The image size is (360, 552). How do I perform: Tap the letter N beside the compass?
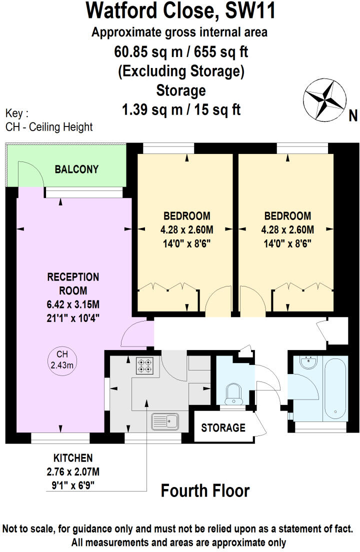coord(353,116)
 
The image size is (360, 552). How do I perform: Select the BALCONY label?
coord(76,169)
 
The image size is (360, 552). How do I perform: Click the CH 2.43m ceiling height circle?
coord(62,360)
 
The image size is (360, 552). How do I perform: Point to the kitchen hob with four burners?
coord(144,366)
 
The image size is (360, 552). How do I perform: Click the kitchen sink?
coord(165,421)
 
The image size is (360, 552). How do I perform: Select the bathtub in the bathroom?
coord(334,388)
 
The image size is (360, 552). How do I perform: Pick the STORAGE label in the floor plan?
coord(223,427)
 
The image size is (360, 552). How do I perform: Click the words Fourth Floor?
coord(205,491)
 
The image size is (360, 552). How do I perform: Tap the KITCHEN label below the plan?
coord(73,457)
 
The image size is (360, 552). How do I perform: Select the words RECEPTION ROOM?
coord(73,283)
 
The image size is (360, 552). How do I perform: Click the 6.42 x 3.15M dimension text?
coord(73,303)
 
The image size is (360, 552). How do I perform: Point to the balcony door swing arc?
coord(29,172)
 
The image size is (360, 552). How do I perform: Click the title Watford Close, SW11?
coord(180,10)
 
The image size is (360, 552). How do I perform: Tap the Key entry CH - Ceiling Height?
coord(49,127)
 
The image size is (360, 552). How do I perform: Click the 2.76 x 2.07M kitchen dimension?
coord(73,471)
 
